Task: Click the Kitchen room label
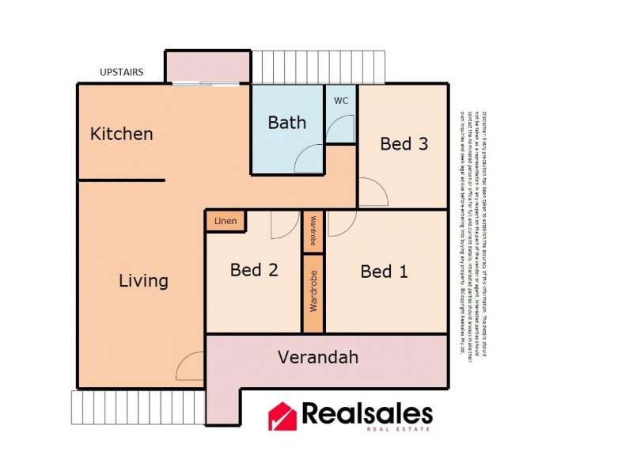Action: point(121,134)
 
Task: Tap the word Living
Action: point(143,280)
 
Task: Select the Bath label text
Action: point(286,123)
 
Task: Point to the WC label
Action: point(341,101)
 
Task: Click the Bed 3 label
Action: point(404,143)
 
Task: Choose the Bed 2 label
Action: point(253,270)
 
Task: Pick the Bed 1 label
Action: point(384,272)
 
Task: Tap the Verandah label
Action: point(317,357)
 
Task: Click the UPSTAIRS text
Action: point(121,72)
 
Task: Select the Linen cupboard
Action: point(226,222)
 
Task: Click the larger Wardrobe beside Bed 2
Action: point(313,293)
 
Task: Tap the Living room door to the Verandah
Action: point(191,369)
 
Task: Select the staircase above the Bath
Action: point(316,66)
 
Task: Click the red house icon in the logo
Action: point(282,415)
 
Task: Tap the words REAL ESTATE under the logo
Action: point(404,430)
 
